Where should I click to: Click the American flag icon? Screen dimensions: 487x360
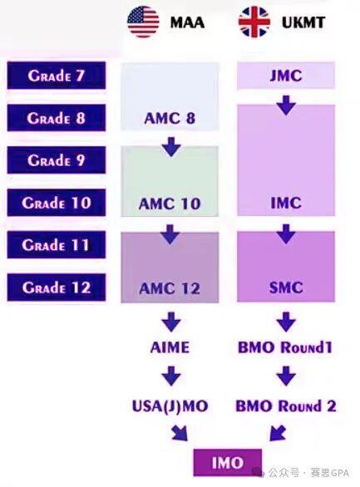(x=143, y=22)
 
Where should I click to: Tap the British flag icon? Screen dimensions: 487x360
(x=254, y=22)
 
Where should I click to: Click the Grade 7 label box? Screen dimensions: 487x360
(x=56, y=76)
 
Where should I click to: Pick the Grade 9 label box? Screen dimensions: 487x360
(x=56, y=160)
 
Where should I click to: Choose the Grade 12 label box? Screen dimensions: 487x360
(x=56, y=288)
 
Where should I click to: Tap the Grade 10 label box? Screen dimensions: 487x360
(x=56, y=202)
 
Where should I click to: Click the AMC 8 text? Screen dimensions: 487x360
(x=170, y=118)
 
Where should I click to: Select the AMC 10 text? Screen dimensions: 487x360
(x=170, y=203)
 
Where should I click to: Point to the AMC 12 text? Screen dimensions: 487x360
(x=170, y=288)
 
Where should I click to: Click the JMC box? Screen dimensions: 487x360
(x=286, y=76)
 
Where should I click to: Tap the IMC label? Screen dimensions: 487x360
(x=285, y=203)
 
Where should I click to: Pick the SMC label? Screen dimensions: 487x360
(x=285, y=288)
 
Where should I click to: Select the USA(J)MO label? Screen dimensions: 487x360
(x=170, y=406)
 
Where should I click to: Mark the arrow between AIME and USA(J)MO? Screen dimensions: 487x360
(x=170, y=377)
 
